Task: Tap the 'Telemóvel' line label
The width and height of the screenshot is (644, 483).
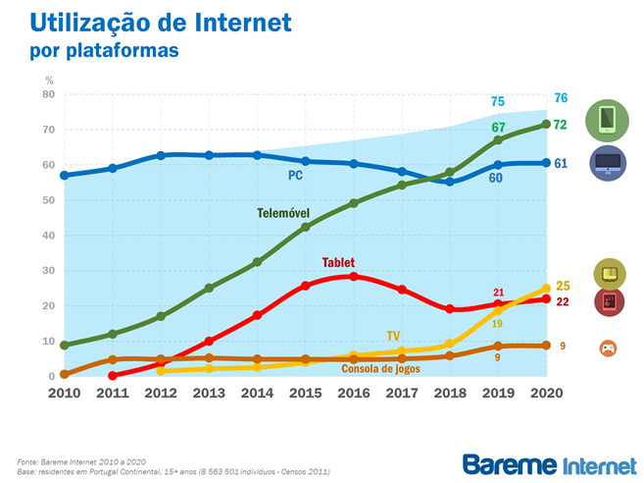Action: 284,213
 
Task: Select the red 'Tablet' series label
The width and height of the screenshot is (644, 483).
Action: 338,262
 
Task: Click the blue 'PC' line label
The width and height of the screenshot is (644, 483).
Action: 296,176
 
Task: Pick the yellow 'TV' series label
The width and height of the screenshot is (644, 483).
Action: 394,336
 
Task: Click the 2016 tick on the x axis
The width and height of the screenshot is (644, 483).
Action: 353,393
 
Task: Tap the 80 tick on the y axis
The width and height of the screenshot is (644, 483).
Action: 48,94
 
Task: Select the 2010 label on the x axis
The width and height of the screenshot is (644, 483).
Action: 65,393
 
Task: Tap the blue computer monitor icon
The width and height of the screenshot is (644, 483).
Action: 608,163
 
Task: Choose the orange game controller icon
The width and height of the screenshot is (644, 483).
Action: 608,347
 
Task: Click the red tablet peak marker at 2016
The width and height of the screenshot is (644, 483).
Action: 353,276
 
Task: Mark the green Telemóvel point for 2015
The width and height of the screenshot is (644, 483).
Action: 305,227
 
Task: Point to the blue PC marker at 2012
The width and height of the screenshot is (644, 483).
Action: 161,155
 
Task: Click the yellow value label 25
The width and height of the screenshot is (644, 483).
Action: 562,286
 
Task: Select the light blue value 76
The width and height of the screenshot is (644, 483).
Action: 561,98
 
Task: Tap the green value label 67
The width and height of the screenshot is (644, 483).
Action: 498,128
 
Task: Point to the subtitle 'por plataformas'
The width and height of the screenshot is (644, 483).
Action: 104,50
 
